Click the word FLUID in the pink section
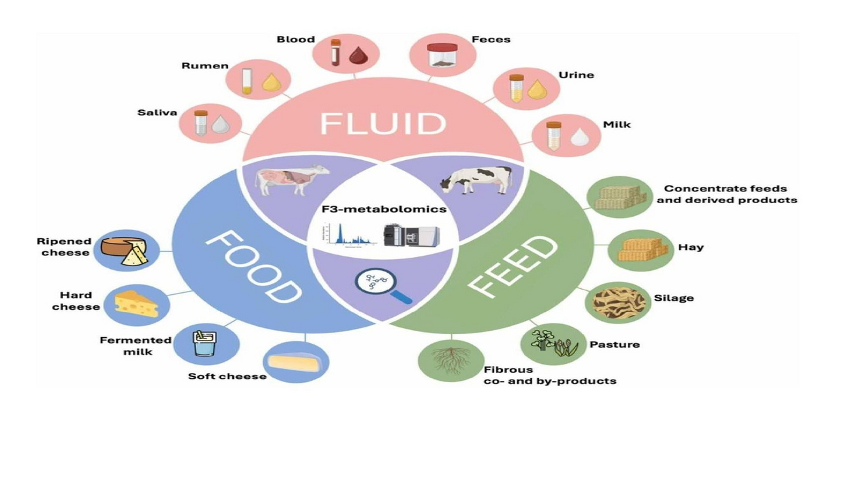point(382,124)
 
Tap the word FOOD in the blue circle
point(254,269)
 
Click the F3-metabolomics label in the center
point(384,210)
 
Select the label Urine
point(576,75)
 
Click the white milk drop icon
point(579,137)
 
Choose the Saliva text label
point(157,113)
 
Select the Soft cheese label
point(227,376)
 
